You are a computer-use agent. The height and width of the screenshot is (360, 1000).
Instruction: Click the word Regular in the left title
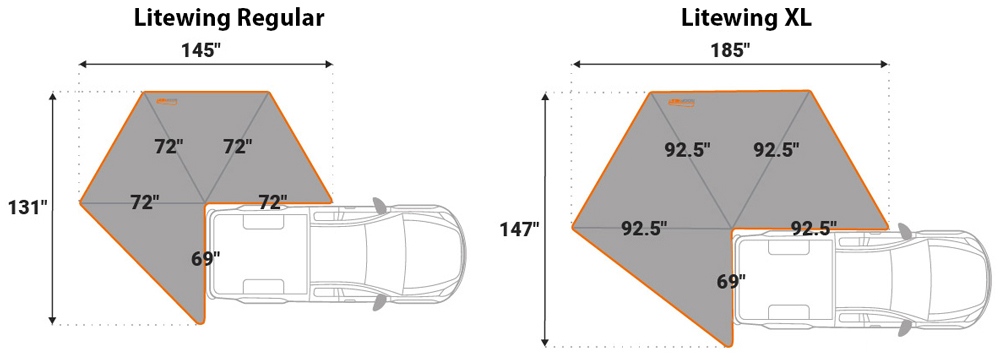(x=281, y=18)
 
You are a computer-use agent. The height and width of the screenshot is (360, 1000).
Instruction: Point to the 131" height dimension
(x=27, y=207)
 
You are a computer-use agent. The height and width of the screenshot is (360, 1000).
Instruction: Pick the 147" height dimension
(x=519, y=229)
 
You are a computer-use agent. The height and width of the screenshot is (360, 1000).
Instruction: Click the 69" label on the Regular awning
(x=205, y=259)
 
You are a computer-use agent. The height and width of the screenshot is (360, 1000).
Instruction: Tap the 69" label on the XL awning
(x=730, y=280)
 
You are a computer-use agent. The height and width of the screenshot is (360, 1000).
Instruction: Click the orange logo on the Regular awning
(x=168, y=100)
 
